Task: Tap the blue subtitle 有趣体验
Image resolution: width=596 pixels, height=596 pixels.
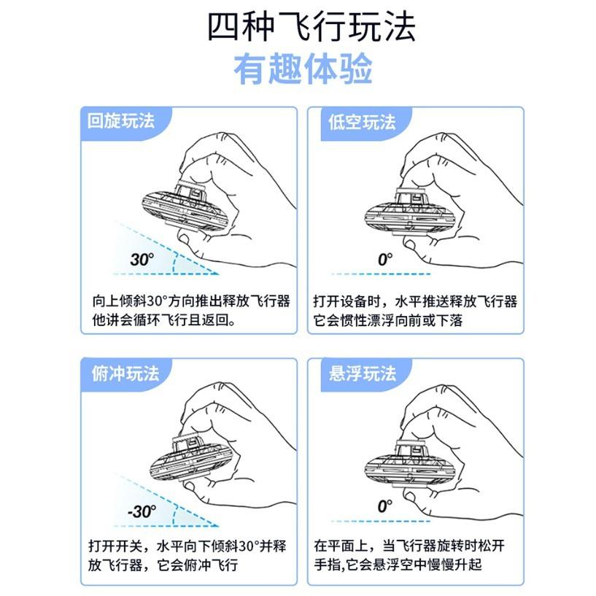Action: pyautogui.click(x=303, y=71)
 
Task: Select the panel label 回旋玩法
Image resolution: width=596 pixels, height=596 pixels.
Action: pyautogui.click(x=121, y=121)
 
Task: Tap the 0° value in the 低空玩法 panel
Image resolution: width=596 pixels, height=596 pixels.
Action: pyautogui.click(x=384, y=259)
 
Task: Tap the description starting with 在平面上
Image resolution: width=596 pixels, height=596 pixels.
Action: pyautogui.click(x=415, y=556)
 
